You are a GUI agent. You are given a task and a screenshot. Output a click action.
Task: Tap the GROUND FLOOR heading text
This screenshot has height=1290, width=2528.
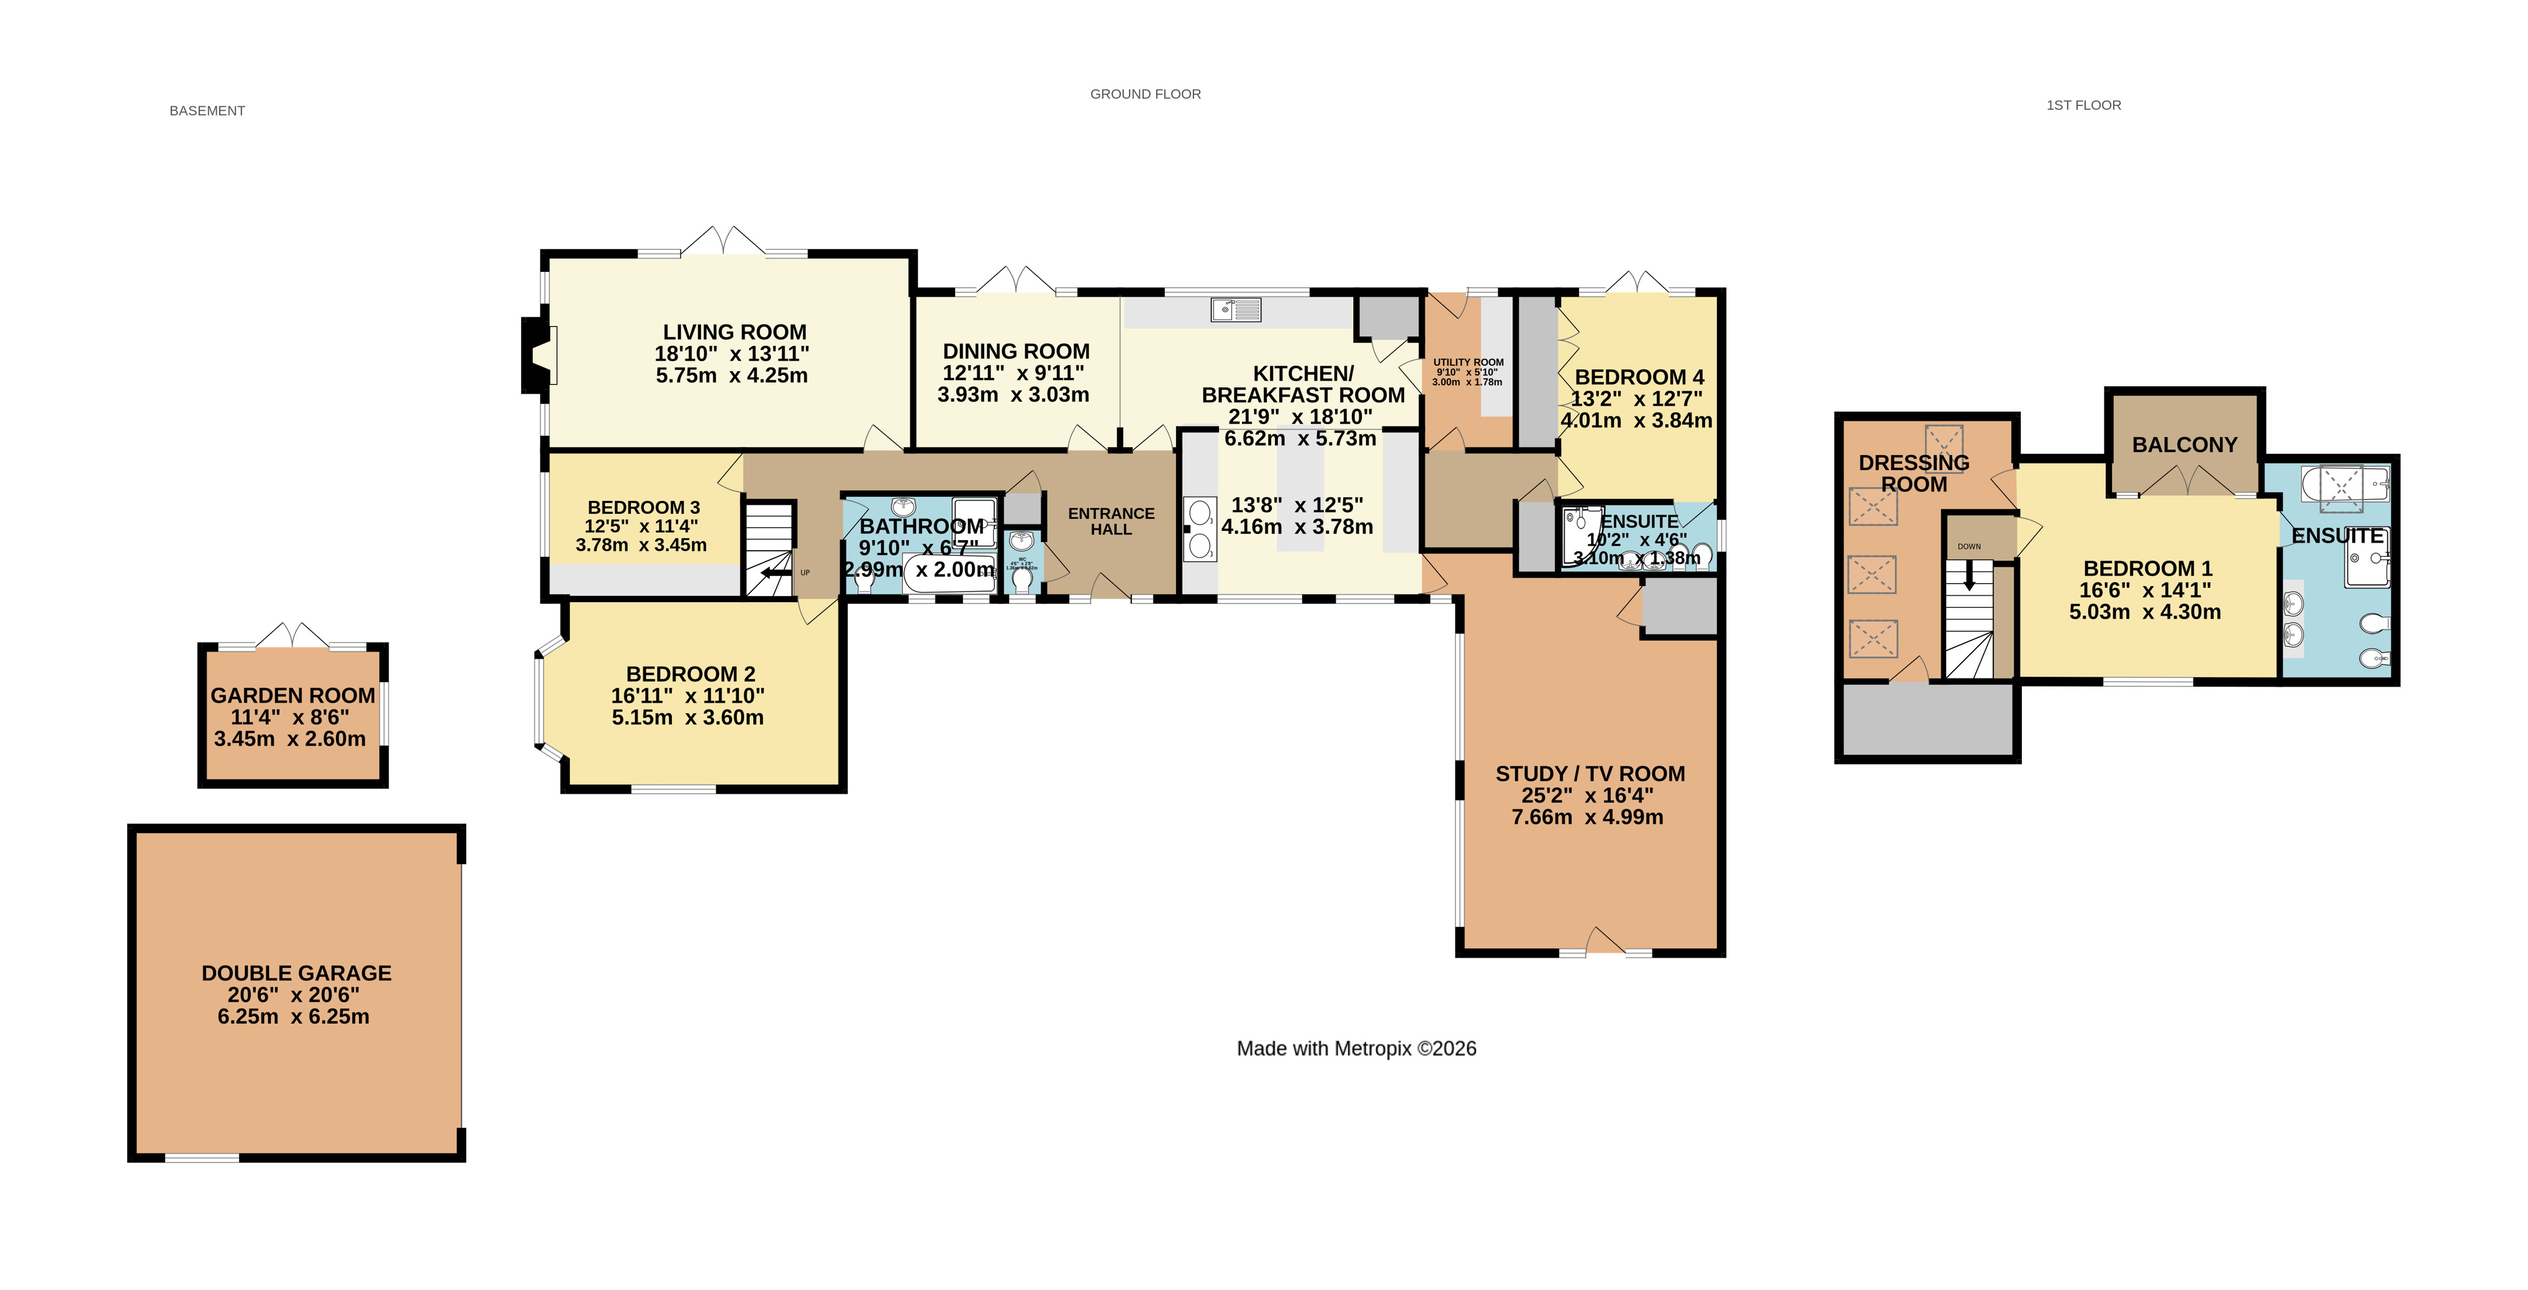coord(1144,94)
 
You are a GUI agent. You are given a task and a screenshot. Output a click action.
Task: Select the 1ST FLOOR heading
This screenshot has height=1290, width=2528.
coord(2083,105)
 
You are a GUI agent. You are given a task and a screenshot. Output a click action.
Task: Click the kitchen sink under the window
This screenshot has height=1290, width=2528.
coord(1236,310)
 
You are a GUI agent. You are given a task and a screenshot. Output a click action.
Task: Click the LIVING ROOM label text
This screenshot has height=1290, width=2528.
coord(734,333)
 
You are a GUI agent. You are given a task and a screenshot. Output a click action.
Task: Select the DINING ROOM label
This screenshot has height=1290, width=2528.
coord(1016,351)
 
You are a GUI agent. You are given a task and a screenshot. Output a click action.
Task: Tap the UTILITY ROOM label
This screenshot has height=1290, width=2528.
coord(1467,362)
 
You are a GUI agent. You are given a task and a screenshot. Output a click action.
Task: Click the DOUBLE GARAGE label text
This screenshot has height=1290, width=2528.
coord(296,973)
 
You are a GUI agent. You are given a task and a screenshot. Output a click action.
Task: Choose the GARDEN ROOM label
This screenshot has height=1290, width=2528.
coord(292,695)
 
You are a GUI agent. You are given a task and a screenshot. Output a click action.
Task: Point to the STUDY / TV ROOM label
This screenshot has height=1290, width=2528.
coord(1589,774)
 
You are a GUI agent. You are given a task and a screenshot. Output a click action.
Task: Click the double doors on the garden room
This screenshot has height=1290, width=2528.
coord(292,636)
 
